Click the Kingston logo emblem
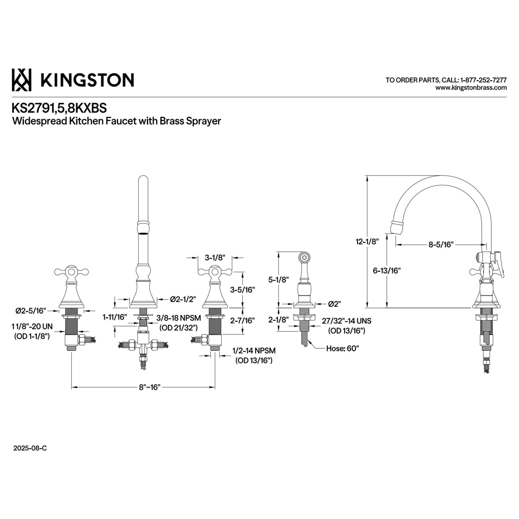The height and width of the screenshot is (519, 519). click(x=22, y=80)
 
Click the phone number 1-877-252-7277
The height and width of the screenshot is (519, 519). click(x=483, y=80)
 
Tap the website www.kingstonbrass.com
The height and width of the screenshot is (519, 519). click(x=471, y=87)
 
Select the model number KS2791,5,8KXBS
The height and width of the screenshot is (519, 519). click(x=59, y=108)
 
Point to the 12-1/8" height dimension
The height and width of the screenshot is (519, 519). click(x=367, y=242)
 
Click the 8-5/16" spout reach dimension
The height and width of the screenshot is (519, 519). click(x=441, y=244)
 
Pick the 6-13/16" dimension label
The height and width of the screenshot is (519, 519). click(x=387, y=270)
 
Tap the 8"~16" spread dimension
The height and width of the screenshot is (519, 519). click(x=149, y=387)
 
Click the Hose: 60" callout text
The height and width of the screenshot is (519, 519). click(x=343, y=349)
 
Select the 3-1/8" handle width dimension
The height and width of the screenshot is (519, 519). click(x=215, y=258)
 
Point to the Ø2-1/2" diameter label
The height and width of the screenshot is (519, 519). click(x=183, y=299)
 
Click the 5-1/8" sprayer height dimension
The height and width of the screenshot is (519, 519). click(x=278, y=280)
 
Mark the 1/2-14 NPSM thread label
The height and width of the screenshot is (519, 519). click(x=254, y=351)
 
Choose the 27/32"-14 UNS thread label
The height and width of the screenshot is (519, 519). click(x=346, y=321)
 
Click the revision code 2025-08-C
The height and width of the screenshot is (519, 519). click(x=30, y=448)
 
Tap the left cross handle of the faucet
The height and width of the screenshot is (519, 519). click(x=71, y=272)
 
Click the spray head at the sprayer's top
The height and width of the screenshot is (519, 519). click(x=304, y=257)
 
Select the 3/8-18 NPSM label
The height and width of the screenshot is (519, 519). click(x=179, y=318)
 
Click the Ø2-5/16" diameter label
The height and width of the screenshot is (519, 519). click(x=31, y=311)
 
